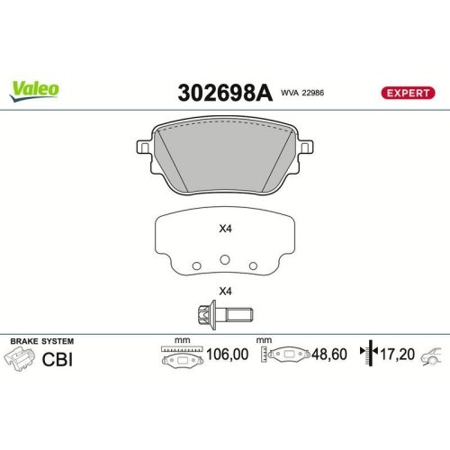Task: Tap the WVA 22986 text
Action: pyautogui.click(x=303, y=93)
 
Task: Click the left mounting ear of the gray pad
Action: pyautogui.click(x=143, y=146)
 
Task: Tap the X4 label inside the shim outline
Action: pyautogui.click(x=226, y=229)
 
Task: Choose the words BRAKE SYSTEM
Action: pyautogui.click(x=41, y=341)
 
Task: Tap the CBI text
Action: pyautogui.click(x=58, y=359)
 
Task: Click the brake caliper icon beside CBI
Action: pyautogui.click(x=21, y=360)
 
